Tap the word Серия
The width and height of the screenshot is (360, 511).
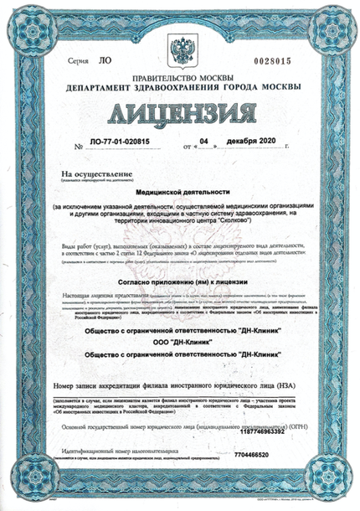78,63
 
